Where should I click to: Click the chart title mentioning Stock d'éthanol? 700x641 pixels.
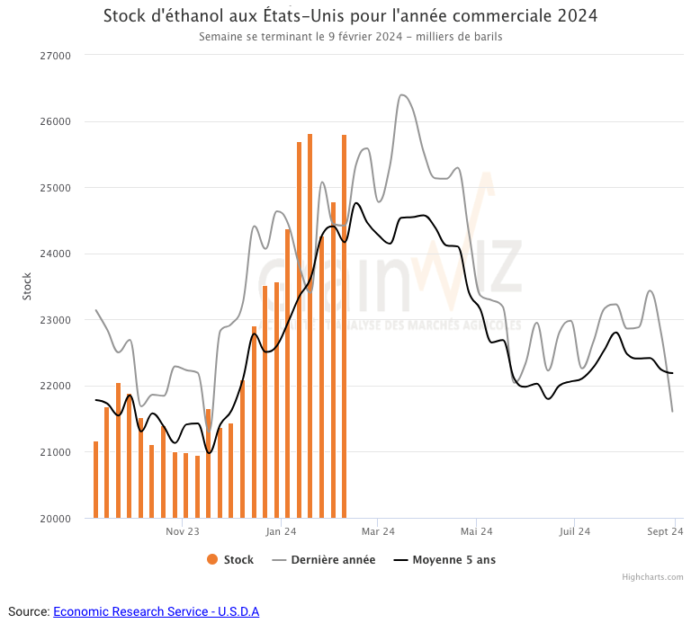350,16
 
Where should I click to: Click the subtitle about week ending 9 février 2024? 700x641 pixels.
350,37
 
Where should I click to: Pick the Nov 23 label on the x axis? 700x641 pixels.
182,532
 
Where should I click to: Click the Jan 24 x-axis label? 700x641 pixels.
281,532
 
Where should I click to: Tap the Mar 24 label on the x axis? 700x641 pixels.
378,532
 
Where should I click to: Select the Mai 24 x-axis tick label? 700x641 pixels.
476,532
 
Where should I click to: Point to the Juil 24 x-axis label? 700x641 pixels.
574,532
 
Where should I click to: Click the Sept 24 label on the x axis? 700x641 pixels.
666,532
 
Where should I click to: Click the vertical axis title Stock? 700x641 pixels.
26,286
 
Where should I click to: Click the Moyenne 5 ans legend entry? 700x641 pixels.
445,560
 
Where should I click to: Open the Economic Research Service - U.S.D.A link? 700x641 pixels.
156,612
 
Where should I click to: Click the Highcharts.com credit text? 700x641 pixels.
652,577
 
